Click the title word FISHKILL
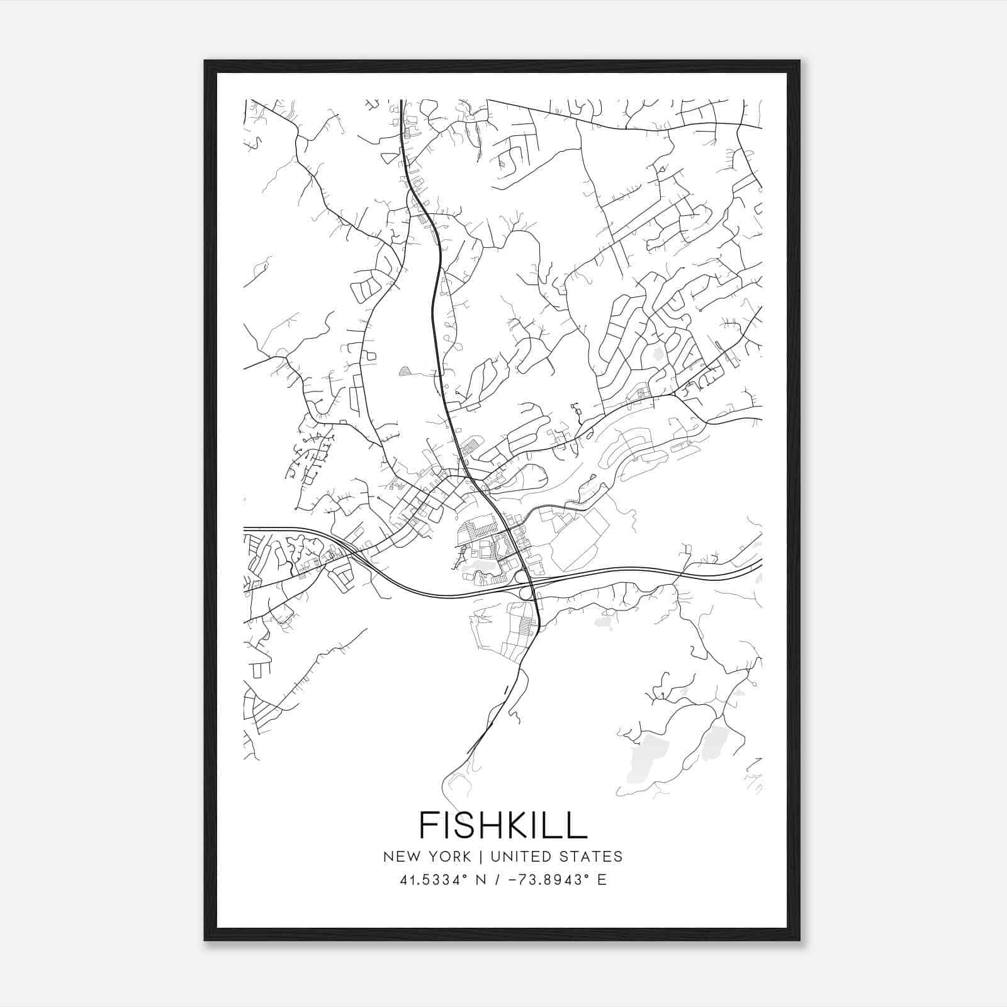pyautogui.click(x=503, y=824)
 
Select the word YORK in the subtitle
pyautogui.click(x=449, y=857)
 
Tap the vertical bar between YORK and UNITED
pyautogui.click(x=481, y=857)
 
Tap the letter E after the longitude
pyautogui.click(x=602, y=880)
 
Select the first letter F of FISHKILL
pyautogui.click(x=429, y=824)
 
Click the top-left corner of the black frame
pyautogui.click(x=205, y=61)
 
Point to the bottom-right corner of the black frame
pyautogui.click(x=799, y=940)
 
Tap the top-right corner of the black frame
pyautogui.click(x=799, y=61)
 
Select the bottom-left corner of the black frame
pyautogui.click(x=205, y=940)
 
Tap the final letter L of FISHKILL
pyautogui.click(x=578, y=824)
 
